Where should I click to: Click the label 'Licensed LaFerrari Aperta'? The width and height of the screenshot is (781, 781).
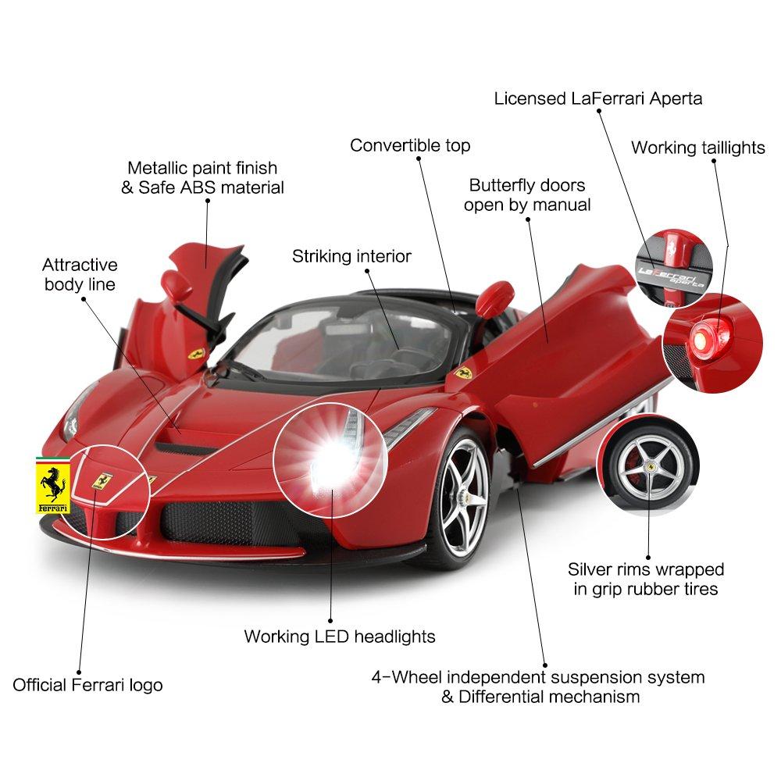pos(597,98)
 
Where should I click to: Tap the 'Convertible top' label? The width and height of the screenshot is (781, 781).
pos(410,145)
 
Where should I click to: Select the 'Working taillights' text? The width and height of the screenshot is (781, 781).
pos(697,148)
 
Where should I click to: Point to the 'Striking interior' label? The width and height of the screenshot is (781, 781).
pos(351,256)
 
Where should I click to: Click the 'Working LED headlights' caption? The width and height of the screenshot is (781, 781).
pos(340,637)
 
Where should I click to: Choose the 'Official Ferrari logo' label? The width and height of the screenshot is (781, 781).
pos(87,685)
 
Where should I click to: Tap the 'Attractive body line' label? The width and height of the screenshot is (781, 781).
pos(80,274)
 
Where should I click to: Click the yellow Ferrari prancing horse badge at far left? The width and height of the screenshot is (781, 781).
pos(52,485)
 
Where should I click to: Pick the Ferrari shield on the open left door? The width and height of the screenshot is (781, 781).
pos(196,353)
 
